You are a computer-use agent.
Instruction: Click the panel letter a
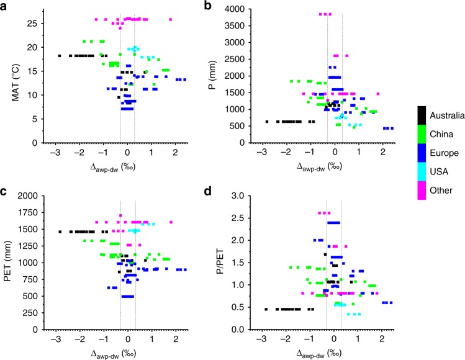[x=4, y=6]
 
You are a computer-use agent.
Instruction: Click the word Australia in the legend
[x=445, y=114]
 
